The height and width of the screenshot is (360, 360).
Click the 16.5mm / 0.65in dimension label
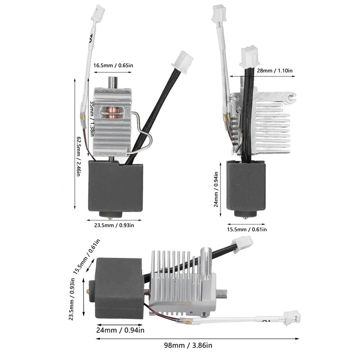pos(113,66)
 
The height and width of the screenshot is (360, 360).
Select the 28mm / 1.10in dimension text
pos(274,70)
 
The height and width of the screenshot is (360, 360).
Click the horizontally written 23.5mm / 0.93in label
pos(113,225)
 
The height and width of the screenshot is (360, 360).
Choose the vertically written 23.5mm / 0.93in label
pos(72,300)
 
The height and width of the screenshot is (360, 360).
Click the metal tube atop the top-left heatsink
pos(113,83)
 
